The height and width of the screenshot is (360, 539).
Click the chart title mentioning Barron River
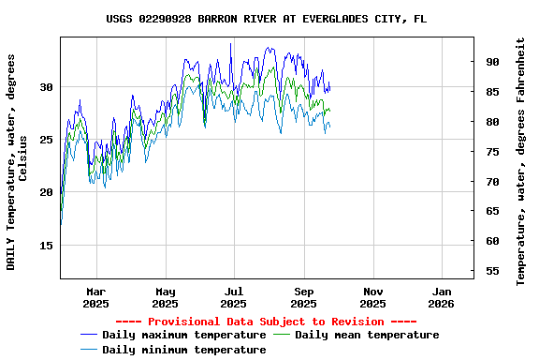[x=267, y=18]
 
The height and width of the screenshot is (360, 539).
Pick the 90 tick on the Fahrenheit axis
[x=491, y=62]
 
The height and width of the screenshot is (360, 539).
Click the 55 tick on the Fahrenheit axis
[x=491, y=271]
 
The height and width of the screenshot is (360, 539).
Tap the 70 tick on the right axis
[x=491, y=182]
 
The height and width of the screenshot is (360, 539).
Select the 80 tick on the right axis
[x=491, y=122]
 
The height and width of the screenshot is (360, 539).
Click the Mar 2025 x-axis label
[x=95, y=297]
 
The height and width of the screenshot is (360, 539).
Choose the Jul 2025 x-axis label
[x=234, y=297]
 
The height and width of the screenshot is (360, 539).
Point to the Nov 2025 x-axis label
[x=372, y=297]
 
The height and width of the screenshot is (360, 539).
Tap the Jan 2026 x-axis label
[x=441, y=297]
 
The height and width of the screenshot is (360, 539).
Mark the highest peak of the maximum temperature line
[x=230, y=43]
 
